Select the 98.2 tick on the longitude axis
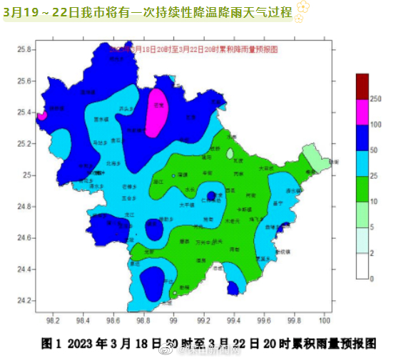(52, 322)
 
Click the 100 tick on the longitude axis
(325, 322)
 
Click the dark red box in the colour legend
(362, 86)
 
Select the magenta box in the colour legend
(362, 112)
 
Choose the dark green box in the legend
(362, 189)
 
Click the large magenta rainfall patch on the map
(158, 110)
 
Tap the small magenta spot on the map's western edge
(42, 114)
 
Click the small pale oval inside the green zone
(230, 153)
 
